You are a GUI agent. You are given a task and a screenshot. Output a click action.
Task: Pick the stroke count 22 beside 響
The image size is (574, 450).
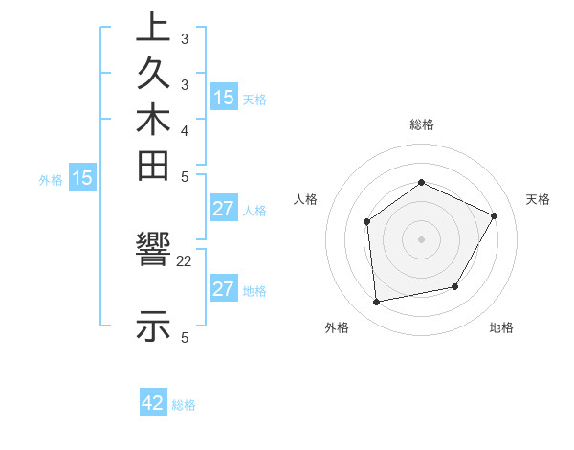[x=185, y=260]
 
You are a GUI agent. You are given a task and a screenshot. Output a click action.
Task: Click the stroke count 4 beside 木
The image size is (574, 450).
[x=185, y=129]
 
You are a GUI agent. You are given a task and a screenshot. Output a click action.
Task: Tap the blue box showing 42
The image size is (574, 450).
[x=153, y=403]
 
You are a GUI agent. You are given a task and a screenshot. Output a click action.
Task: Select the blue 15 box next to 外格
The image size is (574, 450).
[x=82, y=177]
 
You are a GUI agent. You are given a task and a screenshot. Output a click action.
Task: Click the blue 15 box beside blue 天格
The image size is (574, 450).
[x=224, y=97]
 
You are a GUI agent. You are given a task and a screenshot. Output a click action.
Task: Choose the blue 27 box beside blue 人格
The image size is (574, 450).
[x=224, y=209]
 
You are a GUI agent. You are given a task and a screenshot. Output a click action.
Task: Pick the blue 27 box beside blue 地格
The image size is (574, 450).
[x=224, y=289]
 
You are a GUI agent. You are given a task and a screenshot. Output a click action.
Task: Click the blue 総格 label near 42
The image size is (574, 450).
[x=184, y=405]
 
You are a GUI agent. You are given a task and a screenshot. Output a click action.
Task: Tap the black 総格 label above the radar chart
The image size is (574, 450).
[x=421, y=124]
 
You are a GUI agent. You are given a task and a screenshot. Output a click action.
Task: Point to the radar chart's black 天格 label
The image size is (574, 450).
[x=538, y=199]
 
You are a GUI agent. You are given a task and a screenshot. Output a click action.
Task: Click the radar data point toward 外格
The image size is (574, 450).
[x=377, y=303]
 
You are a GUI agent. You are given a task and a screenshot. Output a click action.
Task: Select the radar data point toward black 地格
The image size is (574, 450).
[x=455, y=286]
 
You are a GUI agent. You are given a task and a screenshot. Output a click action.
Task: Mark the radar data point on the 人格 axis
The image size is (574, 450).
[x=367, y=222]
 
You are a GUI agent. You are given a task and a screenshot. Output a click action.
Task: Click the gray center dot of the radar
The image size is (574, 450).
[x=421, y=238]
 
